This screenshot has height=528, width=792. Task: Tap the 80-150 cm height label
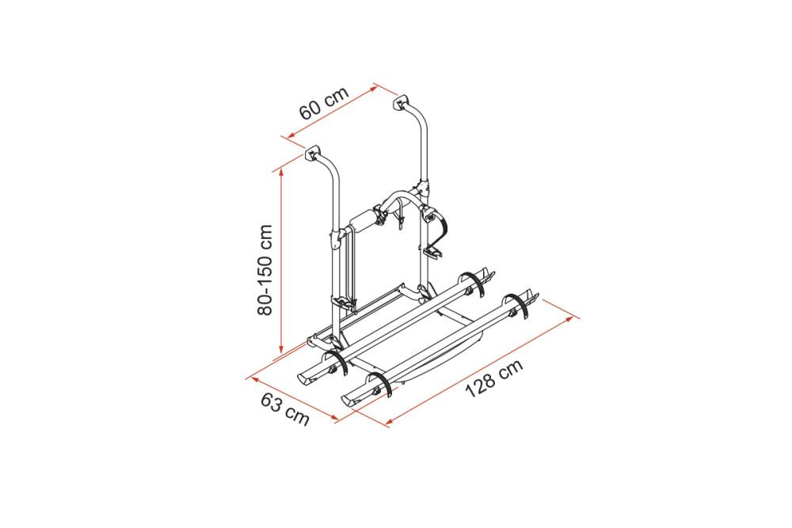(x=265, y=270)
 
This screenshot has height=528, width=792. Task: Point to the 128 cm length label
(x=493, y=378)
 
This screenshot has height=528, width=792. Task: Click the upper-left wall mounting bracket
(x=313, y=153)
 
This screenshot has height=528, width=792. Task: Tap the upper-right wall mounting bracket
(x=401, y=102)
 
